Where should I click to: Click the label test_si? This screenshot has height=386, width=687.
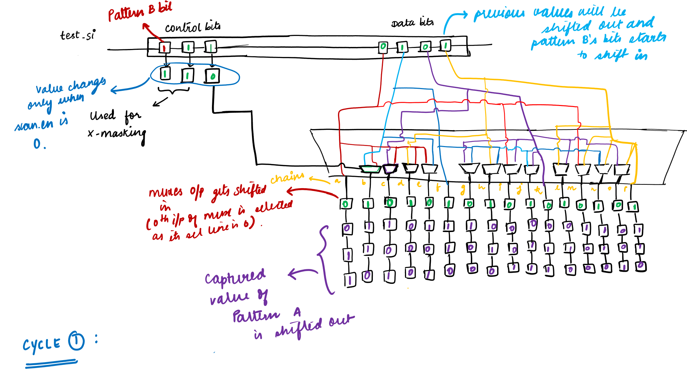point(77,35)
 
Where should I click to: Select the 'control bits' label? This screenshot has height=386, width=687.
point(192,27)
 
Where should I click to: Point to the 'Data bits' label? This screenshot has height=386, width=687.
point(412,23)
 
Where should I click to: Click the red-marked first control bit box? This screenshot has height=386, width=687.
point(165,48)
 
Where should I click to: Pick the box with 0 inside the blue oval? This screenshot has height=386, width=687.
point(212,76)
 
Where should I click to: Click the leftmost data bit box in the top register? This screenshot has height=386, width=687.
point(383,47)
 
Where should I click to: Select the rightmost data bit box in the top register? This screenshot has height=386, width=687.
point(445,45)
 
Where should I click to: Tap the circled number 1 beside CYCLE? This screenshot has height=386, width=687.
point(76,341)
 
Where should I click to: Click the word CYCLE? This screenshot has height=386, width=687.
point(42,345)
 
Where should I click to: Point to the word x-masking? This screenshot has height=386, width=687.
point(117,133)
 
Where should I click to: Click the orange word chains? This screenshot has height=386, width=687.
point(287,177)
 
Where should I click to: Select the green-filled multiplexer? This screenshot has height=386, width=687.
point(370,169)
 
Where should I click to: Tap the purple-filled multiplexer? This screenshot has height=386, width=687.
point(390,169)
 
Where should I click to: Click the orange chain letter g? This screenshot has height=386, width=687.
point(463,189)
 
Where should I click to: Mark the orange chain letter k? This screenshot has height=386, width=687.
point(538,190)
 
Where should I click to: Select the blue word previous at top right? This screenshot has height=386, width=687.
point(499,14)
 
